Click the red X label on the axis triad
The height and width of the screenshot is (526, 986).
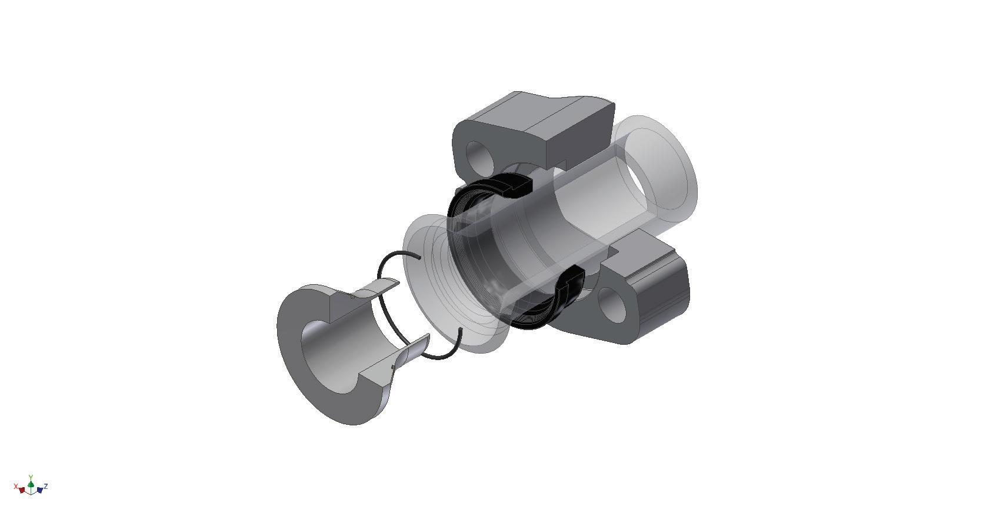[16, 487]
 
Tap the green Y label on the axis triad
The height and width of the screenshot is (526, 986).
[31, 477]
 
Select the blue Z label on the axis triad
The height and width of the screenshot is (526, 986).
[46, 487]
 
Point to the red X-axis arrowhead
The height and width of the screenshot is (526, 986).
[22, 490]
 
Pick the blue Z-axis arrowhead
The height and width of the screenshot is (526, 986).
[39, 490]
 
